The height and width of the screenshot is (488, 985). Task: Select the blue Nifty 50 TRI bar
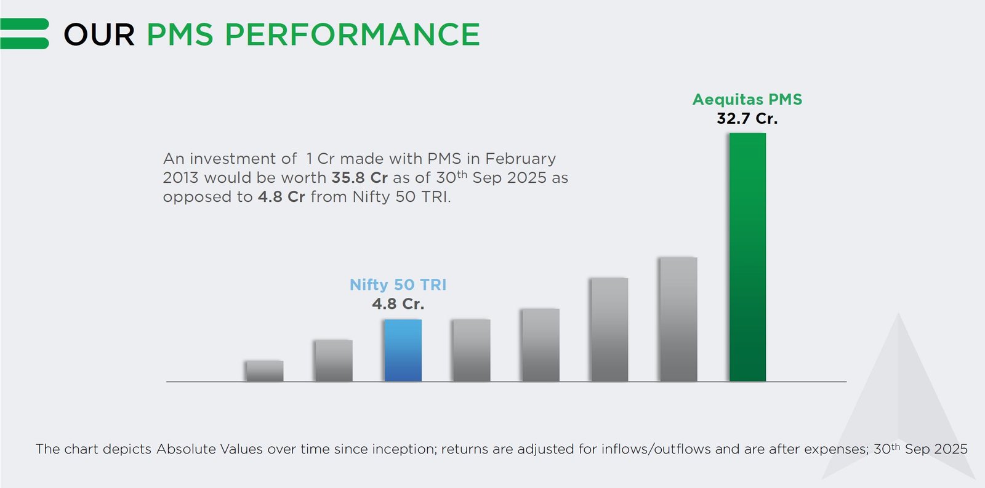403,350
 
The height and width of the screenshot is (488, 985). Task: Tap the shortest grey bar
264,371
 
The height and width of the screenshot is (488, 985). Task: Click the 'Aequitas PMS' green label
747,100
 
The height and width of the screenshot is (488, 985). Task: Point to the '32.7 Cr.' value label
747,119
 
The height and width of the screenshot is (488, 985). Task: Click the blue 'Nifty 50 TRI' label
398,285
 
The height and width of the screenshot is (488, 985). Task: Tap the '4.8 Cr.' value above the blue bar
398,304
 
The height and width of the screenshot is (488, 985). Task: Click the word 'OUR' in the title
99,34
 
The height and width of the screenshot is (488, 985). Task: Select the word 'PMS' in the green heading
180,34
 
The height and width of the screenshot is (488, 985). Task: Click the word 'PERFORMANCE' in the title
352,34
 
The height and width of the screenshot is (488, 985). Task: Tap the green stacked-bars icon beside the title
25,34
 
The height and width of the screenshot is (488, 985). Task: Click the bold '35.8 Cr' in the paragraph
359,178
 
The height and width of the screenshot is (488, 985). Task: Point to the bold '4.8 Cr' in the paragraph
281,197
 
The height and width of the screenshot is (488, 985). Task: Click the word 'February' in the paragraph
520,159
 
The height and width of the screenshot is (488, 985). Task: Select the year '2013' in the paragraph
180,178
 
